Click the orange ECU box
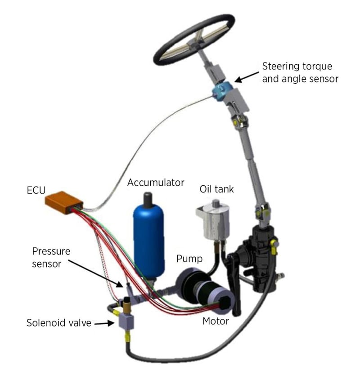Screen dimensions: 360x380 click(x=64, y=202)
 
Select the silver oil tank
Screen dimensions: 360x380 click(x=213, y=220)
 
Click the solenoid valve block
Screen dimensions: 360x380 click(x=126, y=321)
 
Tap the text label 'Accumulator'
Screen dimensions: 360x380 click(x=156, y=183)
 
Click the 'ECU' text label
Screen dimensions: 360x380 click(x=36, y=191)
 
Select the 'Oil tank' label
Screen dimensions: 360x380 click(x=216, y=189)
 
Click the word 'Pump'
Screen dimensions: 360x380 click(x=189, y=259)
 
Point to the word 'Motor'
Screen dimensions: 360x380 click(x=216, y=321)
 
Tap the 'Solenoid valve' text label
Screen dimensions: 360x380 click(x=59, y=323)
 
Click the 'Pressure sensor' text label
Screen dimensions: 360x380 click(x=51, y=257)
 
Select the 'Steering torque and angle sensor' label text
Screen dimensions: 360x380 click(x=300, y=72)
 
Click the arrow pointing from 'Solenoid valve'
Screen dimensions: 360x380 click(x=104, y=323)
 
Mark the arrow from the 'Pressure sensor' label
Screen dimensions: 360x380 click(x=95, y=273)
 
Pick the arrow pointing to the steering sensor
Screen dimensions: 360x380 click(x=247, y=77)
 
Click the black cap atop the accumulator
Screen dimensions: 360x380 click(x=148, y=200)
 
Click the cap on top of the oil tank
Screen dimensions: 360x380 click(x=216, y=203)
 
